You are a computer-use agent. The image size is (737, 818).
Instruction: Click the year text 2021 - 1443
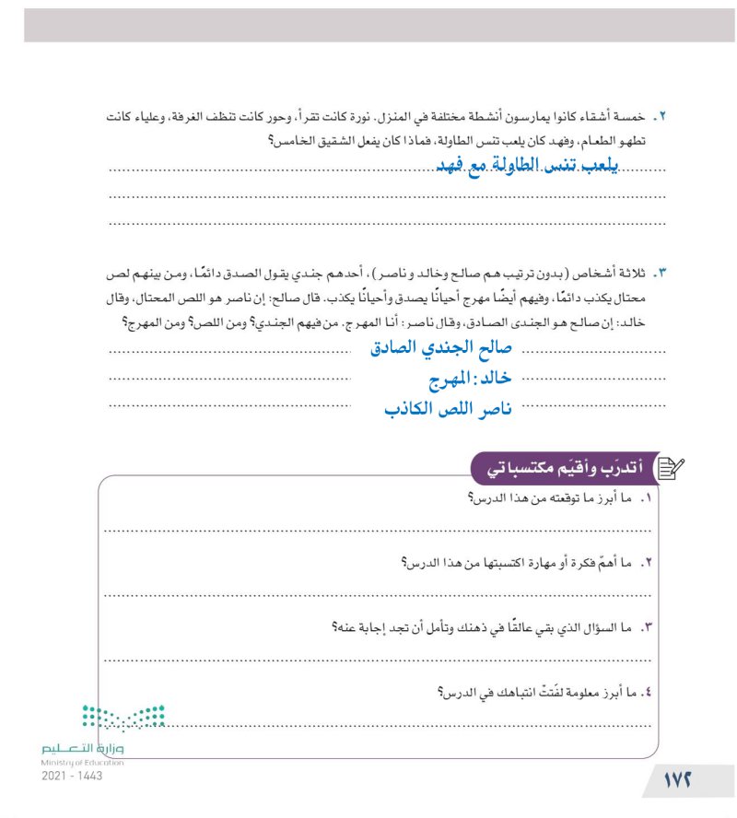pyautogui.click(x=72, y=777)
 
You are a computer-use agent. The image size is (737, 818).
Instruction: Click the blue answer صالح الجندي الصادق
pyautogui.click(x=440, y=348)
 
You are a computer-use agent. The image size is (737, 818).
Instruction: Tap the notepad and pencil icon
pyautogui.click(x=670, y=469)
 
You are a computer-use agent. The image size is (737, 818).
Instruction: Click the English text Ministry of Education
pyautogui.click(x=82, y=764)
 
